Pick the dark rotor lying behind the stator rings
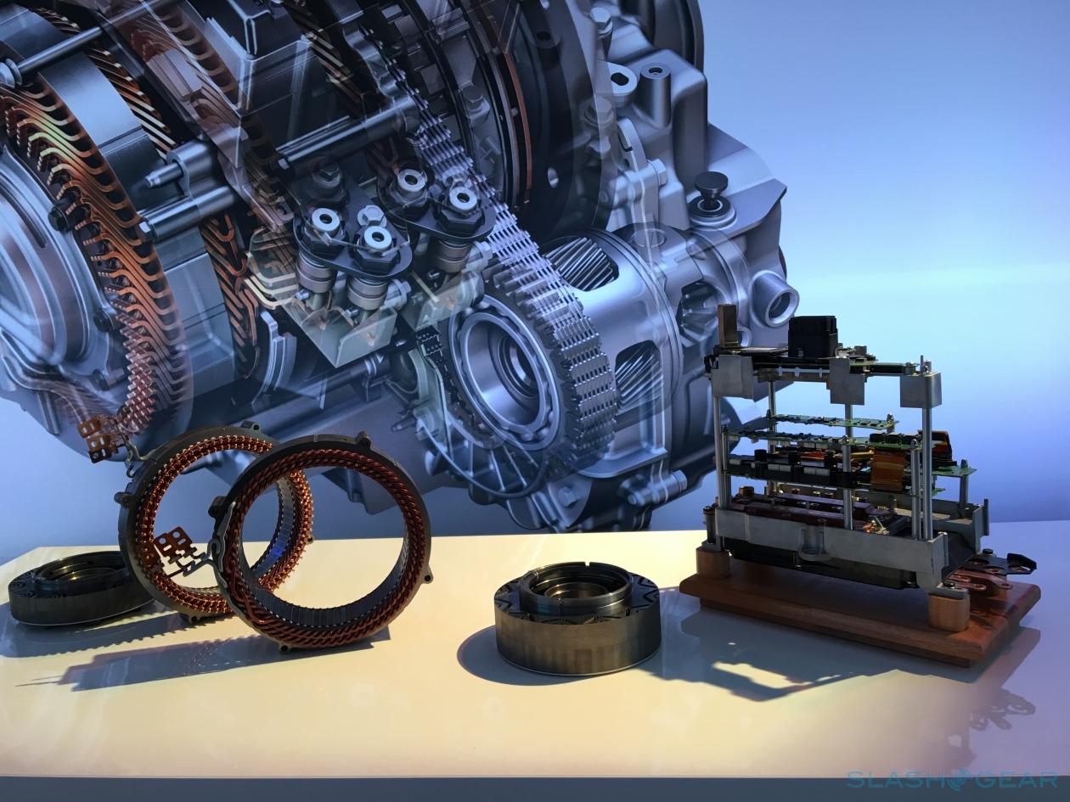[x=73, y=586]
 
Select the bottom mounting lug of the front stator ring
[x=284, y=648]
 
